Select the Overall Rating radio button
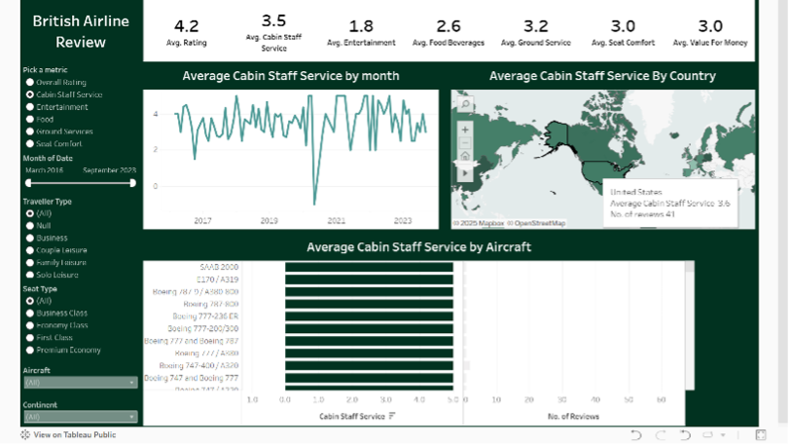click(31, 83)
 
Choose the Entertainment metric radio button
click(31, 107)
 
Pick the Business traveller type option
click(31, 238)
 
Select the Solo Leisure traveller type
click(31, 275)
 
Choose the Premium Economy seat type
click(31, 350)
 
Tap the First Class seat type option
click(31, 337)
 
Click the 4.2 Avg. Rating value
click(186, 26)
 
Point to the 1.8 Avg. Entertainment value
click(360, 26)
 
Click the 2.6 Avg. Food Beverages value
click(449, 26)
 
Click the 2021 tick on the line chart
click(336, 221)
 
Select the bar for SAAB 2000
click(369, 266)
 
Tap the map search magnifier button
click(465, 105)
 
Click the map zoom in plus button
click(465, 129)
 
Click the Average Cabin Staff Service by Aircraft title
click(418, 247)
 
